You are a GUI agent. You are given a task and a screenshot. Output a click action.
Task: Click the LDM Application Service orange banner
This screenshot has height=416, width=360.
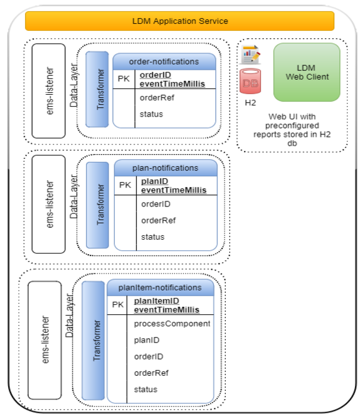[x=179, y=21]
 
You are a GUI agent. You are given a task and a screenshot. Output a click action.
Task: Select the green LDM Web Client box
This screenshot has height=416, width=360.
[x=307, y=72]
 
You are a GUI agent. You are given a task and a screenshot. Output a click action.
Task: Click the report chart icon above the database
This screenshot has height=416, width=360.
[x=251, y=55]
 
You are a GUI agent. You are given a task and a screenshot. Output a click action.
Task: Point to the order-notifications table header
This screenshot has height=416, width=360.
[x=164, y=61]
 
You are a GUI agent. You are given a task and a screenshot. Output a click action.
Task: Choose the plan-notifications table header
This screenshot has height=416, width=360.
[x=166, y=168]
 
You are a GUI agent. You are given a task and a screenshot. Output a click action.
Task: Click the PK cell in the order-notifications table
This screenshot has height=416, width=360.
[x=124, y=79]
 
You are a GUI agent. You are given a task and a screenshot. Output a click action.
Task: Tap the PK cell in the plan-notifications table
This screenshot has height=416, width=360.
[x=126, y=186]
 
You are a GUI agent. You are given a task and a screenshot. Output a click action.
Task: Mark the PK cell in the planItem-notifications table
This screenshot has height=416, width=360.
[x=119, y=305]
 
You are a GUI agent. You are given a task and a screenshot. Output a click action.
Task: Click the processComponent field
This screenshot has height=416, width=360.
[x=172, y=324]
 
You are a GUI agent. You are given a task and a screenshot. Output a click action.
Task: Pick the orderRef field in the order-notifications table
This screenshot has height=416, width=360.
[x=157, y=97]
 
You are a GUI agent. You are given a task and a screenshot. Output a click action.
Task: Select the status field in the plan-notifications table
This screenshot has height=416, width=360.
[x=152, y=237]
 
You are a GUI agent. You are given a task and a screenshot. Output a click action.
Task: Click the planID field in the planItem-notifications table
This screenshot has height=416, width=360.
[x=147, y=340]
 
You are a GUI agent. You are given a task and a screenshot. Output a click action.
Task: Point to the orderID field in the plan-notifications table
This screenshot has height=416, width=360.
[x=156, y=204]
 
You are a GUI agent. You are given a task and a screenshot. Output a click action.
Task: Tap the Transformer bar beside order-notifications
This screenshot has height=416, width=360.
[x=97, y=89]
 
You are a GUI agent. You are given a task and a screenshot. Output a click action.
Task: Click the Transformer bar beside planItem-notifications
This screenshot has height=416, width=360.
[x=93, y=340]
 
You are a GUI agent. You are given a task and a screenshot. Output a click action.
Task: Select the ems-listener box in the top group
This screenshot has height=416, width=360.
[x=48, y=90]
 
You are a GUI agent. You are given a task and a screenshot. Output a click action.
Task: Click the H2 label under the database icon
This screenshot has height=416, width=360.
[x=250, y=103]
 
